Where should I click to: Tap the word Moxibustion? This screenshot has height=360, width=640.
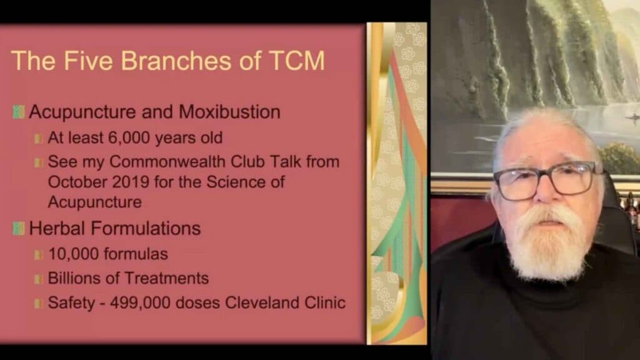[x=229, y=112]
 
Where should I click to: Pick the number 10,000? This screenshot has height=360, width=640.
[x=74, y=254]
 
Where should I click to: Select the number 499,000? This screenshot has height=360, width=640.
[x=140, y=303]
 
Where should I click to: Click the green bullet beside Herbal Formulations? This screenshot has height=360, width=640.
[x=18, y=228]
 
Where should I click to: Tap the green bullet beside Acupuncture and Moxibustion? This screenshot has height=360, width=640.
[x=18, y=112]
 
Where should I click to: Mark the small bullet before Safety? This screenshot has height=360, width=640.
[x=38, y=303]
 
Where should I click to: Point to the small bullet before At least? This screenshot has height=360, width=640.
[x=38, y=139]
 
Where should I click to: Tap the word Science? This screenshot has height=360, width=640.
[x=236, y=182]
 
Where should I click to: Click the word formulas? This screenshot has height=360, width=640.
[x=136, y=254]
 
